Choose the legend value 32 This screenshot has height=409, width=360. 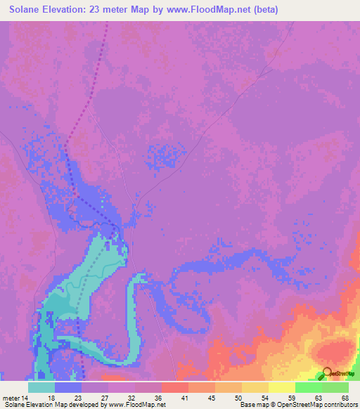click(x=130, y=397)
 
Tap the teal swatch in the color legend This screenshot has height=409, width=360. click(x=41, y=387)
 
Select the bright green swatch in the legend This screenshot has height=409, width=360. click(x=308, y=387)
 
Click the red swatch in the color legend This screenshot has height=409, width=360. click(x=174, y=387)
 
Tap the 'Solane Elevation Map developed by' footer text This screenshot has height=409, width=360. click(x=53, y=405)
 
